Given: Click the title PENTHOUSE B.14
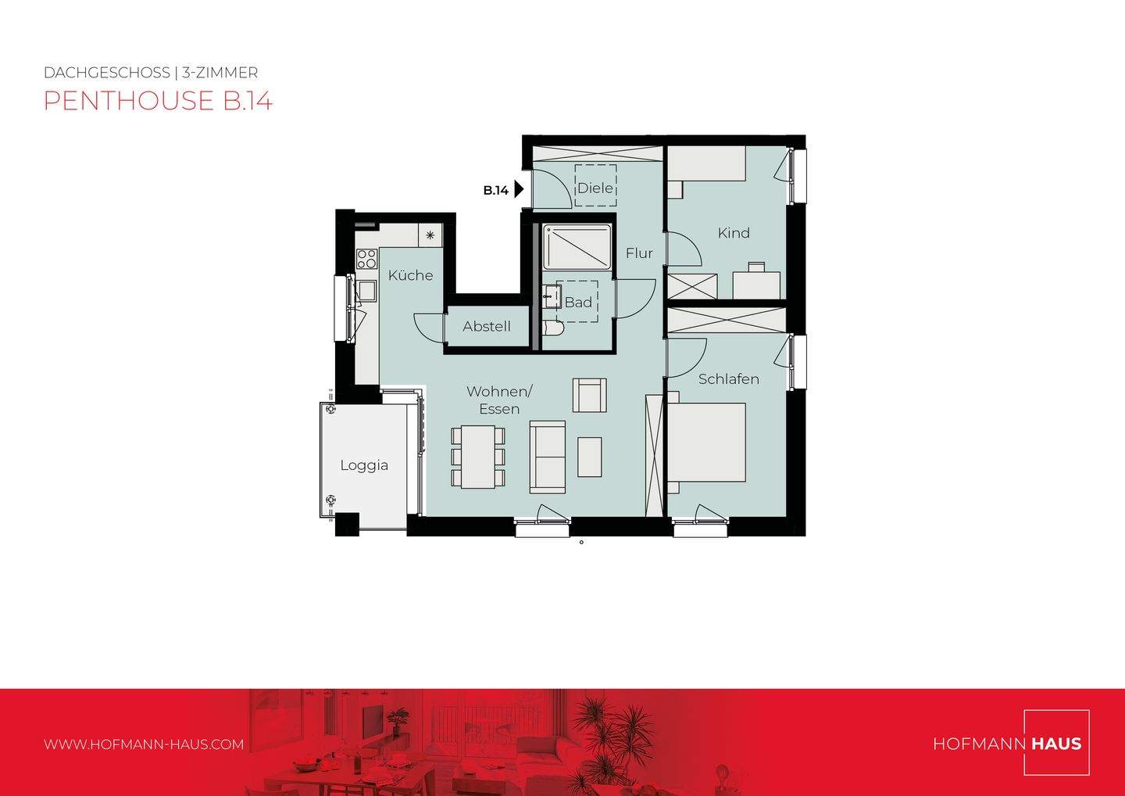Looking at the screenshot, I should pyautogui.click(x=158, y=101).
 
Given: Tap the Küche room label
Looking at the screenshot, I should pyautogui.click(x=410, y=275).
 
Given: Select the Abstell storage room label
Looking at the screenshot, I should pyautogui.click(x=486, y=327).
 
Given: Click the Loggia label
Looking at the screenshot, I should pyautogui.click(x=364, y=465).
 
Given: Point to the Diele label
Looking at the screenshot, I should pyautogui.click(x=595, y=188).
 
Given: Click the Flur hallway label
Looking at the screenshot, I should pyautogui.click(x=639, y=253).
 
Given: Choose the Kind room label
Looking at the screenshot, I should pyautogui.click(x=734, y=233).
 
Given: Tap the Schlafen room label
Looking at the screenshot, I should pyautogui.click(x=728, y=379).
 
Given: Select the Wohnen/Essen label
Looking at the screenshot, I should pyautogui.click(x=499, y=400).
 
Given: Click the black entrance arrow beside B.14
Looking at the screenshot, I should pyautogui.click(x=519, y=190).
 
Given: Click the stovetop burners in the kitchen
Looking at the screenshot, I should pyautogui.click(x=366, y=259).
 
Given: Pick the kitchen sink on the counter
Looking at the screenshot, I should pyautogui.click(x=366, y=292).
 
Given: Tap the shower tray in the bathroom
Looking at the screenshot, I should pyautogui.click(x=577, y=247).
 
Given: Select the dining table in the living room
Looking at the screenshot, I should pyautogui.click(x=477, y=457).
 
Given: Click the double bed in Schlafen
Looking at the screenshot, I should pyautogui.click(x=706, y=443).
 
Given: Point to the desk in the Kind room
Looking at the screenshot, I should pyautogui.click(x=756, y=284).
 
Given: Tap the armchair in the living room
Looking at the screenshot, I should pyautogui.click(x=589, y=395).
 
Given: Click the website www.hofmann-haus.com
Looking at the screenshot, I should pyautogui.click(x=144, y=744).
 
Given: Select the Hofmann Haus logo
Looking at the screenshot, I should pyautogui.click(x=1008, y=743).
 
